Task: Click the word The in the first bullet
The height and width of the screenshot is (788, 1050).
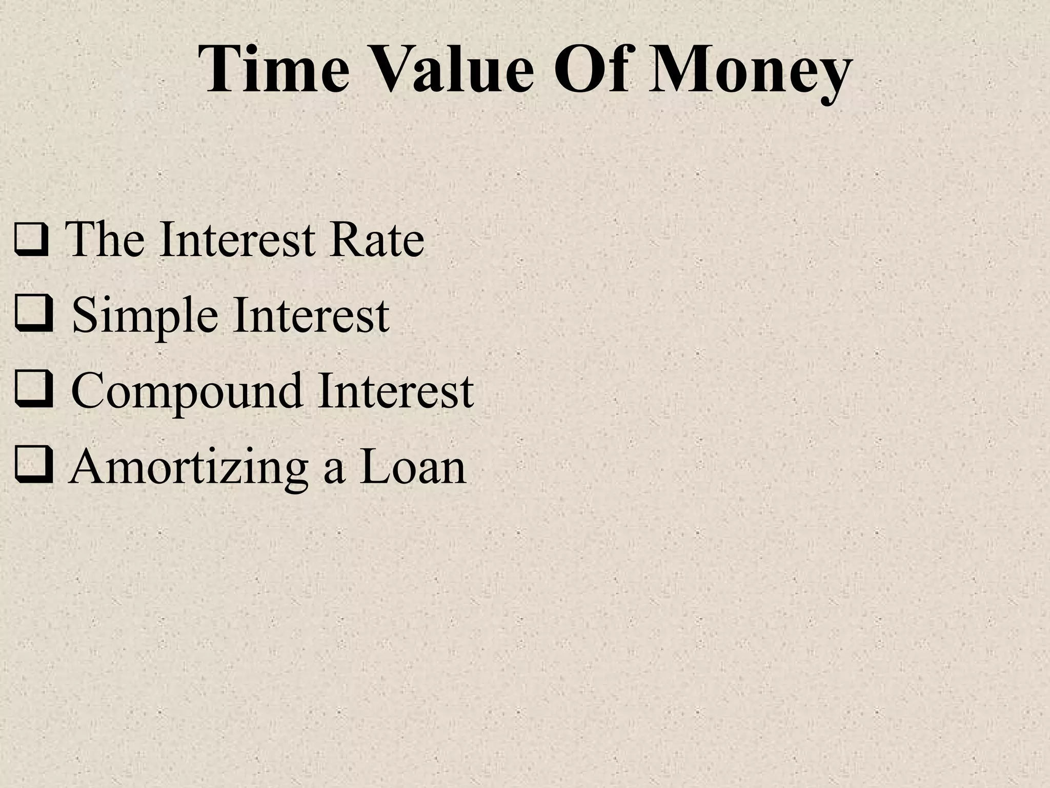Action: [x=107, y=239]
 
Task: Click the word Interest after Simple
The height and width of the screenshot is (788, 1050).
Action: [x=311, y=315]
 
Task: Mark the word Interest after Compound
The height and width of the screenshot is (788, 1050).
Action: [x=395, y=391]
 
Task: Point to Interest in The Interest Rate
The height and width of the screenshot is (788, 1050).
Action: [x=237, y=239]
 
